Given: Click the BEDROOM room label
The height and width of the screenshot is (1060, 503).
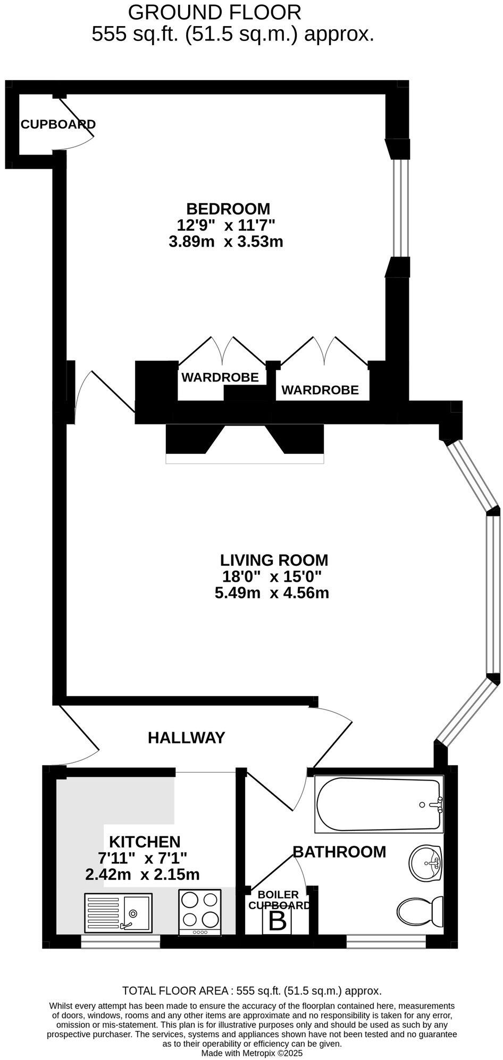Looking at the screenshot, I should tap(228, 209).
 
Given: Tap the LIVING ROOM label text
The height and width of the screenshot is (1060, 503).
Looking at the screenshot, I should tap(274, 560).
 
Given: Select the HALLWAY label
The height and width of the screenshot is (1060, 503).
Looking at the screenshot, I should tap(186, 737).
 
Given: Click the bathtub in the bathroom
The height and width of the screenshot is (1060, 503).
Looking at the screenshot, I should tap(379, 804).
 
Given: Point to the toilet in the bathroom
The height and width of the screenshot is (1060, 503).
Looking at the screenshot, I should tap(421, 910).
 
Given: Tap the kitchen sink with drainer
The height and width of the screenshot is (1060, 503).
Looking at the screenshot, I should tap(118, 912).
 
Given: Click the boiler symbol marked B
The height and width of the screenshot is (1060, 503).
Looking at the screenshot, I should tap(277, 921).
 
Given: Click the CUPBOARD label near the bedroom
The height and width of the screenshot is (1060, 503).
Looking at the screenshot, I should tap(58, 124).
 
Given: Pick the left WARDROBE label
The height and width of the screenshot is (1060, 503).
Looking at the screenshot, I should tap(220, 377).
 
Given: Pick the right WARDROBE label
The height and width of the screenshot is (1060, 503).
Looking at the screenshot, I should tap(320, 390).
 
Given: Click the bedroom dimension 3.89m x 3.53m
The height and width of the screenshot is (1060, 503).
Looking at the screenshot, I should tap(225, 242).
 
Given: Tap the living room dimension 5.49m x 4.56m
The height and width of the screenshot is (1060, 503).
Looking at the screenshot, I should tap(272, 592).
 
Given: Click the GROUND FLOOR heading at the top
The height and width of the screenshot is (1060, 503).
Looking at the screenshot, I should tap(215, 12).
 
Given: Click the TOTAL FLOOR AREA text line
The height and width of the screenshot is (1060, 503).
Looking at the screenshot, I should tap(251, 990).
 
